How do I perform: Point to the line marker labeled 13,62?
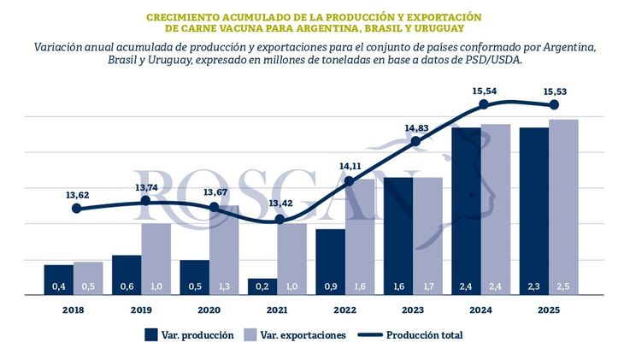(77, 208)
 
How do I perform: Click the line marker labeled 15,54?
(484, 103)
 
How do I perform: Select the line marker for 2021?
(280, 219)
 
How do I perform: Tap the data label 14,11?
(350, 166)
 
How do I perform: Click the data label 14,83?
(417, 128)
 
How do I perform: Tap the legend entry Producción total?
(424, 335)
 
